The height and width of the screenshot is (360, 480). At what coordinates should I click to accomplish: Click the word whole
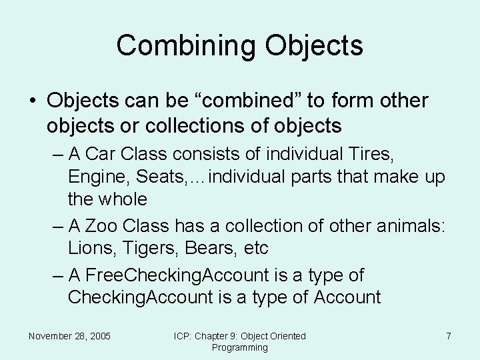pyautogui.click(x=124, y=199)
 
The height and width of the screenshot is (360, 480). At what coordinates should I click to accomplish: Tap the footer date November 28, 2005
pyautogui.click(x=69, y=336)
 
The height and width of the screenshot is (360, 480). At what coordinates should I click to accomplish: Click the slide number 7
pyautogui.click(x=449, y=336)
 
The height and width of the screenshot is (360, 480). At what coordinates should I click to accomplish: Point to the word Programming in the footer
pyautogui.click(x=239, y=347)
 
